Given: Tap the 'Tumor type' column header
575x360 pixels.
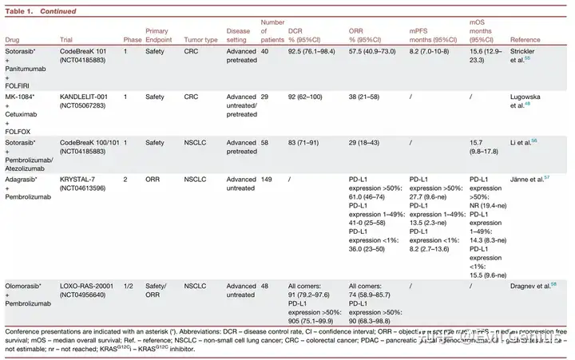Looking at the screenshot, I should (200, 39).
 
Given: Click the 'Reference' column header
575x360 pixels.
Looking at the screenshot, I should (525, 39).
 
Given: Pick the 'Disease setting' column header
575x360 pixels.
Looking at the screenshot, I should (240, 34).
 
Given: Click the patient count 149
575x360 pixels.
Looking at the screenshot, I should (268, 179).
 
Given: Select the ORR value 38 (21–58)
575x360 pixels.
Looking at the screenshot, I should (370, 95).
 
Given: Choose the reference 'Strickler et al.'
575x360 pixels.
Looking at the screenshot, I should (526, 54).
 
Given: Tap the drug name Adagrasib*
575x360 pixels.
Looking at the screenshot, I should (22, 179).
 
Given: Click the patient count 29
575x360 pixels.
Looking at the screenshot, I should (266, 95).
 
